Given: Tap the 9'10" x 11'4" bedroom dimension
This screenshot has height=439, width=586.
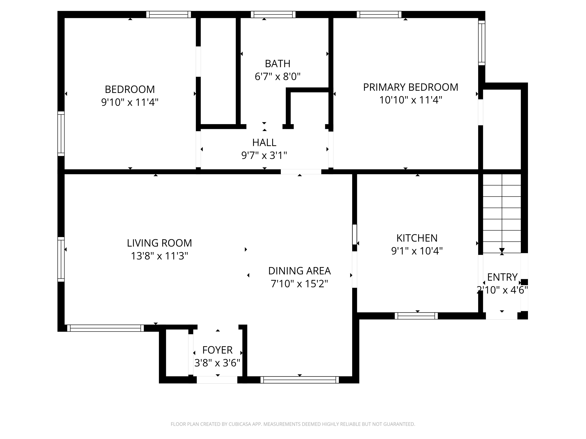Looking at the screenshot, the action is (130, 102).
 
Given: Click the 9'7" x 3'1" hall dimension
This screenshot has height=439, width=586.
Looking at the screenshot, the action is (264, 155).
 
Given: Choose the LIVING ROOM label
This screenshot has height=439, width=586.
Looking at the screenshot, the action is (159, 243).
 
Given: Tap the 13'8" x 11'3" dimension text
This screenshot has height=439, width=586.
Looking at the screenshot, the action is (159, 256).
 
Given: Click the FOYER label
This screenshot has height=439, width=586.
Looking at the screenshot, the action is (217, 350).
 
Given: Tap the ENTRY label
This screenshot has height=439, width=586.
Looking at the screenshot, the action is (502, 277).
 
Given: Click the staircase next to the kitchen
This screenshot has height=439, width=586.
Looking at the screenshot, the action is (502, 213).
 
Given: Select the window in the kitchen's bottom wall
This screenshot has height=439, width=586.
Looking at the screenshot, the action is (416, 316).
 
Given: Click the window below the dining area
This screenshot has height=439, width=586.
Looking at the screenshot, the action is (300, 380).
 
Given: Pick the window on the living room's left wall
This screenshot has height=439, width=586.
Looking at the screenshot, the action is (61, 259).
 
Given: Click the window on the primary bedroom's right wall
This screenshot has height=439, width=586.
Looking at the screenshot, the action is (482, 43).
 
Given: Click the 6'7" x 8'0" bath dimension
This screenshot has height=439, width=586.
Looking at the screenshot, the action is (278, 76).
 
